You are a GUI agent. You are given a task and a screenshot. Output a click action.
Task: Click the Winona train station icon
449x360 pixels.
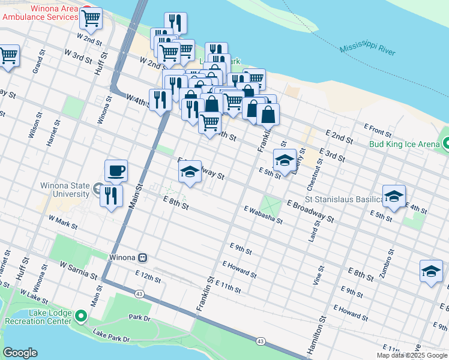click(x=142, y=257)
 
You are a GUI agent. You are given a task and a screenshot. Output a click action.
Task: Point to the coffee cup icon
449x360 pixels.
click(x=116, y=171)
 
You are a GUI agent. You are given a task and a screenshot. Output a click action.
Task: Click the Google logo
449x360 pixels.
click(x=20, y=353)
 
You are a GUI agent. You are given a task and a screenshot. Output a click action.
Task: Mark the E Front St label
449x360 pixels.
click(x=378, y=128)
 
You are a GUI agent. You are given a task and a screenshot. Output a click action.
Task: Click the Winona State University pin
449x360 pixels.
click(x=99, y=190)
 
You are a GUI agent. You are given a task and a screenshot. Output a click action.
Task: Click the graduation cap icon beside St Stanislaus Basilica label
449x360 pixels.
click(x=394, y=196)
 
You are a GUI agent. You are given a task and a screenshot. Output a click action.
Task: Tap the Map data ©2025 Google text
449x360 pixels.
click(x=412, y=355)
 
